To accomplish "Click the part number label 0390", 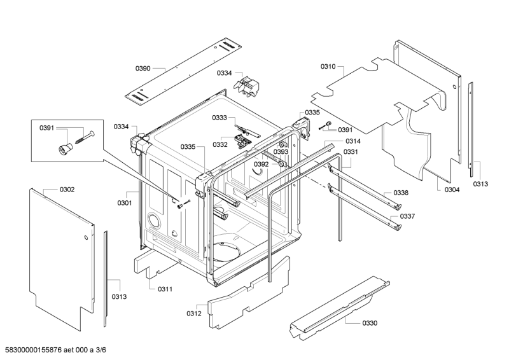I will [x=143, y=68].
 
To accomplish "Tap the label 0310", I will [x=328, y=67].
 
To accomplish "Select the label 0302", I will [x=67, y=190].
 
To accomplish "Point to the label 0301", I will [x=124, y=203].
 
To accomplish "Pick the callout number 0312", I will [x=194, y=313].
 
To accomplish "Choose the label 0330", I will [x=370, y=323].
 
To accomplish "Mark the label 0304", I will [x=452, y=190].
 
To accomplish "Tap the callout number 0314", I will [x=354, y=141].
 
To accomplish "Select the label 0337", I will [x=407, y=216].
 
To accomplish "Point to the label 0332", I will [x=220, y=144].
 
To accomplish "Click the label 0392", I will [x=261, y=164].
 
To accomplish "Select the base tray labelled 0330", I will [x=337, y=305].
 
